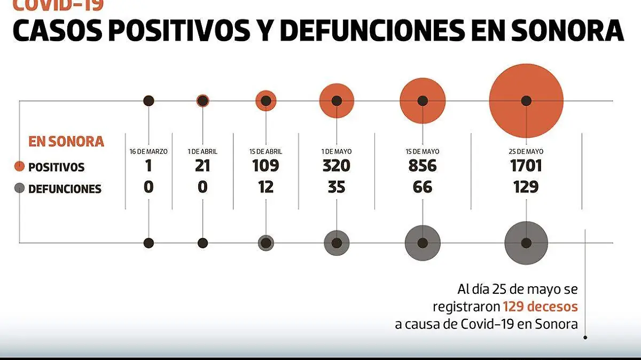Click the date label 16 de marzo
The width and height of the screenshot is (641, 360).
pos(148,152)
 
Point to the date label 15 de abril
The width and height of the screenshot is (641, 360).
pos(265,152)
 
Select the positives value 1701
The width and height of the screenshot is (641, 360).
pos(526,166)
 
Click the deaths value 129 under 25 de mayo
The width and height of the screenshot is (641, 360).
pos(526,187)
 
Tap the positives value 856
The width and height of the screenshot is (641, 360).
pos(423,166)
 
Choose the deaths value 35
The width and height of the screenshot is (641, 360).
pos(337,187)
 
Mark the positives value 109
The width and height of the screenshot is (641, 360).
pos(265,166)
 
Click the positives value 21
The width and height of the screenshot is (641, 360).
pos(202,166)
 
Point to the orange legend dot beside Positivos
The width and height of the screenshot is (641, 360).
pos(20,167)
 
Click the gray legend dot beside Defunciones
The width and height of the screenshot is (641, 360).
pos(20,189)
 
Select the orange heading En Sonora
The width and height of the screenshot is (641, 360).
pos(66,142)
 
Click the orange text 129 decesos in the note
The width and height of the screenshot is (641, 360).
pos(540,307)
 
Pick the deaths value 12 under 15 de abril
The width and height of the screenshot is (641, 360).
pos(265,187)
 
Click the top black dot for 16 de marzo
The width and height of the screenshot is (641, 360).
pos(148,100)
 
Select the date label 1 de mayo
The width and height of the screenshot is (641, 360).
pos(337,152)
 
